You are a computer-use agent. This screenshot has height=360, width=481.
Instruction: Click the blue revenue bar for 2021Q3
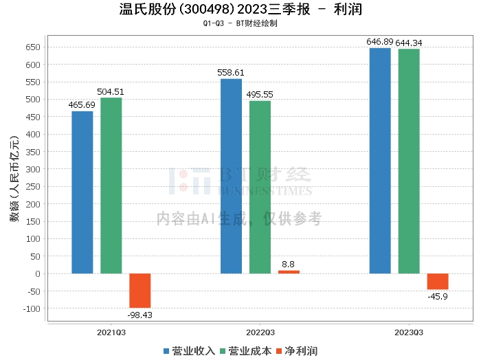coord(82,192)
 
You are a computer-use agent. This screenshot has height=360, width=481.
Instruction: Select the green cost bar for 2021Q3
coord(111,185)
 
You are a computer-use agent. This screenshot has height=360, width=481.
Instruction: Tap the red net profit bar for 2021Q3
coord(140,291)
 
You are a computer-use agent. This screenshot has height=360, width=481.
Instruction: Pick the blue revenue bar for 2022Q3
coord(231,177)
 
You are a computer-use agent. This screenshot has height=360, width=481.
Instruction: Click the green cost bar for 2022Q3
coord(260,187)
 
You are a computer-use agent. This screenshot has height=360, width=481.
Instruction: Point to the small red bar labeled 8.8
coord(289,272)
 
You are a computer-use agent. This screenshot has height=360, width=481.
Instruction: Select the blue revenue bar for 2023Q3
coord(380,161)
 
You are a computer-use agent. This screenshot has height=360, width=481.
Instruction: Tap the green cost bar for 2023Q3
coord(409,161)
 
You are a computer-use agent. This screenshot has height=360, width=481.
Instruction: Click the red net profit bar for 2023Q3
coord(438,282)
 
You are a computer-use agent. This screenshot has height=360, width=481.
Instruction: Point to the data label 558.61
coord(231,73)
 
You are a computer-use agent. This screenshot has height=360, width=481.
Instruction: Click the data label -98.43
coord(139,315)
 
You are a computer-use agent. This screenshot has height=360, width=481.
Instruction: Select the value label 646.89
coord(380,42)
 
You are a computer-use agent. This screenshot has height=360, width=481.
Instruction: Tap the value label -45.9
coord(438,297)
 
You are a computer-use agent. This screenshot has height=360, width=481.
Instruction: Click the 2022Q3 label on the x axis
coord(260,333)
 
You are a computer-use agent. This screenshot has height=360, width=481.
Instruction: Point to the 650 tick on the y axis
coord(33,47)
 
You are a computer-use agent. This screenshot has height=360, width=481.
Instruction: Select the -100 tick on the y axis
coord(32,308)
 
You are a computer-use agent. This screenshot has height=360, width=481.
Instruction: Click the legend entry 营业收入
coord(189,351)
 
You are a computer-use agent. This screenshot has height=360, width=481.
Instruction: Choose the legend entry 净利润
coord(297,351)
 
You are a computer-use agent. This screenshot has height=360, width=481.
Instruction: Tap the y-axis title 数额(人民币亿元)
coord(14,179)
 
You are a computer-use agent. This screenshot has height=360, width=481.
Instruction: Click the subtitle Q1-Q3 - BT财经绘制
coord(240,23)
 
